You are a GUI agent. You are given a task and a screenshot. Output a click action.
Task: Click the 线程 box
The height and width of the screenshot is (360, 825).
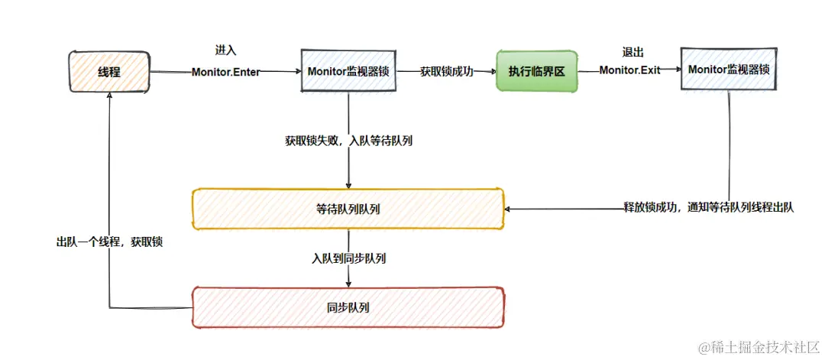click(x=109, y=72)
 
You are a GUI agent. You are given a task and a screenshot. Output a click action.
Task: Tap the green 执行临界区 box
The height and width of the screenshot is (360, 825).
click(x=536, y=71)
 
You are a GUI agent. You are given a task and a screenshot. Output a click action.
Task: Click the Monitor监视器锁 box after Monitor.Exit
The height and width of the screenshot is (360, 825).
click(x=727, y=69)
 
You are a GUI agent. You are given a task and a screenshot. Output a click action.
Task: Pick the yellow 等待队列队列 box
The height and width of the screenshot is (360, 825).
click(x=348, y=209)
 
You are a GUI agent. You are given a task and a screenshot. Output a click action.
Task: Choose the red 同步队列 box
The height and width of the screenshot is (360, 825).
click(x=348, y=308)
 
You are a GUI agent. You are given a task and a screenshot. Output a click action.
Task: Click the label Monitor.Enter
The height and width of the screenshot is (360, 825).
click(x=225, y=72)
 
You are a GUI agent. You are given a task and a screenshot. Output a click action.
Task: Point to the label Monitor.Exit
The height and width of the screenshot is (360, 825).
click(x=629, y=70)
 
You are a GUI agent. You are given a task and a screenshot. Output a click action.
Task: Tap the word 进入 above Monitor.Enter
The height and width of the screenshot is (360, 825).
click(x=225, y=50)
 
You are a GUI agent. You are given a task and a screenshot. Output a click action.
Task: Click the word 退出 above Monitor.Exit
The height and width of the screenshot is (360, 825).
click(x=634, y=51)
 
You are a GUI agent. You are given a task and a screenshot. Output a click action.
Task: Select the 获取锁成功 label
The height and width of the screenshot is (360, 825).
click(x=446, y=71)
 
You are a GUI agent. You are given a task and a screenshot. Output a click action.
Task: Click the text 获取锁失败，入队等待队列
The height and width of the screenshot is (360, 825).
click(x=349, y=141)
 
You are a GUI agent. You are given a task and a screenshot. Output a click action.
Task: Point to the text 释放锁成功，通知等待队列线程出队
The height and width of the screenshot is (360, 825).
click(x=709, y=208)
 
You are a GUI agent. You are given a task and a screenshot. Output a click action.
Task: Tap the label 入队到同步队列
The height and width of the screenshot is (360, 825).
click(x=348, y=258)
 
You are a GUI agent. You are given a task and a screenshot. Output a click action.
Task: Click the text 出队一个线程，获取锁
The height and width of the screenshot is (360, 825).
click(x=110, y=241)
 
